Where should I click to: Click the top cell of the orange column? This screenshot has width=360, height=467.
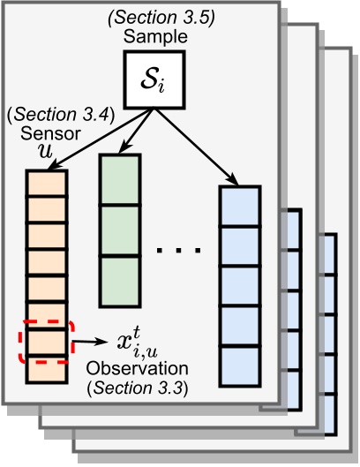click(x=45, y=183)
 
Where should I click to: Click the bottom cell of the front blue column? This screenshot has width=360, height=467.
click(x=240, y=369)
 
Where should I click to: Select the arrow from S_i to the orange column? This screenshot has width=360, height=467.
click(x=87, y=138)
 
